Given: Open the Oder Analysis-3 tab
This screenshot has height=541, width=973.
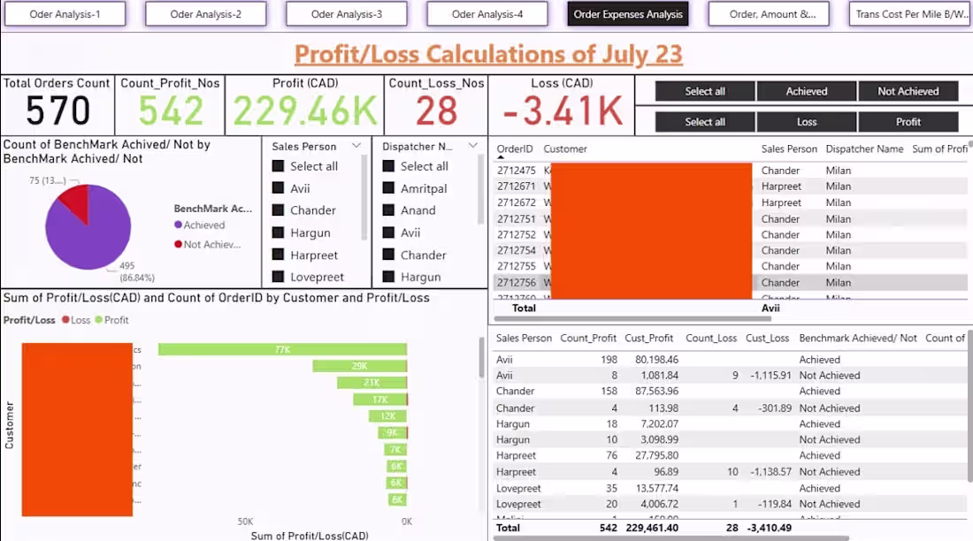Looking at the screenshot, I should click(347, 14).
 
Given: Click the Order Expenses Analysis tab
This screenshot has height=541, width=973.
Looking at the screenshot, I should click(628, 14).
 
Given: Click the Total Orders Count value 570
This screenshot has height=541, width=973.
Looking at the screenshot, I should click(57, 111).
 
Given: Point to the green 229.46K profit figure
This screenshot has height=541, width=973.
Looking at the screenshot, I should click(304, 112).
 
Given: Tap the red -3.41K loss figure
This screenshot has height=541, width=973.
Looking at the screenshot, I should click(561, 112).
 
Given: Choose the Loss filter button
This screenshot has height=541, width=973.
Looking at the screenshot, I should click(806, 122).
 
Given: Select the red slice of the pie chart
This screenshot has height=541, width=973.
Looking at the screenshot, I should click(74, 202).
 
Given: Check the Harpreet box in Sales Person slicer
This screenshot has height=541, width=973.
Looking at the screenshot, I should click(279, 255).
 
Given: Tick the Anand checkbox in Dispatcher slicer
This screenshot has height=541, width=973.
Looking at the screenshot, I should click(388, 210).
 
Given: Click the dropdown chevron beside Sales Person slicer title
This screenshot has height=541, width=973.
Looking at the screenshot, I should click(356, 146).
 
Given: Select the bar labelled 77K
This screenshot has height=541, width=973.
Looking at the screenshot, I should click(282, 349).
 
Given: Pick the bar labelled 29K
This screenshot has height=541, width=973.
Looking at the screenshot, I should click(359, 366).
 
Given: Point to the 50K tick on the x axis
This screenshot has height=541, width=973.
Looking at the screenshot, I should click(245, 522).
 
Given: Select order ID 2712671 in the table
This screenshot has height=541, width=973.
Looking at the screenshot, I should click(516, 187).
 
